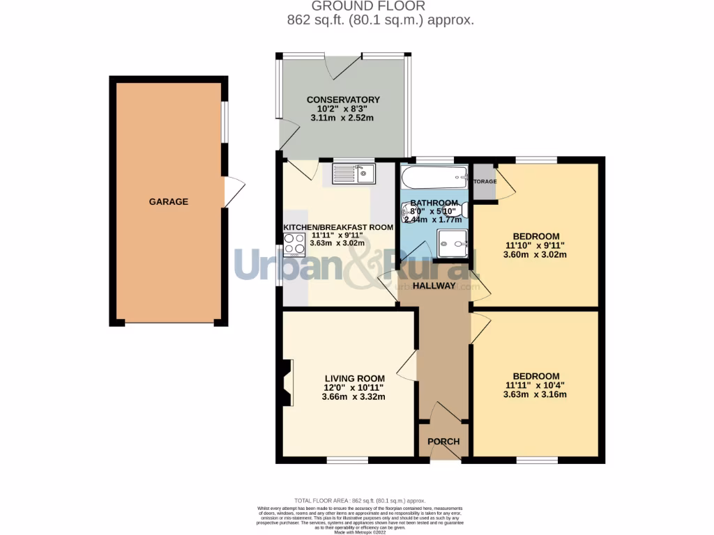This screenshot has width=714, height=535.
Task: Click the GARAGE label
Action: coord(168,202)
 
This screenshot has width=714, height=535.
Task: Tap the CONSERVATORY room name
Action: coord(343,100)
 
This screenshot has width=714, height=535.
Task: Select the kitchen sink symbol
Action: coord(354,173)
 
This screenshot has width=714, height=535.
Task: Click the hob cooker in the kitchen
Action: coord(294,245)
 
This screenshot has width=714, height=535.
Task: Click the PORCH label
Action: coord(443,442)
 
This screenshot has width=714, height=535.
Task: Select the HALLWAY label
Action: coord(433,286)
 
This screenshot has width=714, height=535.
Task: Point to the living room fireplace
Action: coord(287,382)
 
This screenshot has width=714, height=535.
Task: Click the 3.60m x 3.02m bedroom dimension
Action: coord(535,254)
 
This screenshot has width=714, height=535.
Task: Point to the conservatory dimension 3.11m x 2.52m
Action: coord(343,118)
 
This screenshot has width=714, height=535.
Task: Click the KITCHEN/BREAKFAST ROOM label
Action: coord(337,227)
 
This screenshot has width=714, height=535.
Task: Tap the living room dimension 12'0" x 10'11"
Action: coord(354,387)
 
